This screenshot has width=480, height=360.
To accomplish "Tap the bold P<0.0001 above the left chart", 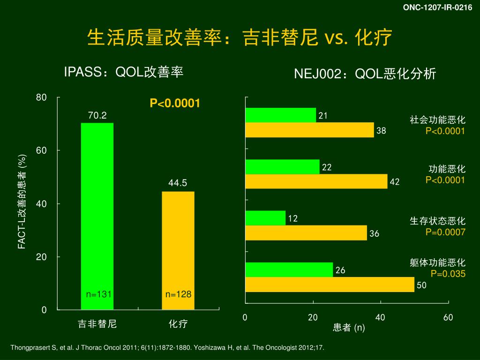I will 175,103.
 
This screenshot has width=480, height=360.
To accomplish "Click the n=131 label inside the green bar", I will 99,294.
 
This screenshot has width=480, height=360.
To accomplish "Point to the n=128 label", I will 179,294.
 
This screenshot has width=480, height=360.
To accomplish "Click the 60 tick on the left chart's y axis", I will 42,150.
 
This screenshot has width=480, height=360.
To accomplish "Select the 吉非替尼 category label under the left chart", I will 97,324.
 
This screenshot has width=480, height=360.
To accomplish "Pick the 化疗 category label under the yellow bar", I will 178,324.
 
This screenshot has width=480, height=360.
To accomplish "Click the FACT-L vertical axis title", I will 22,202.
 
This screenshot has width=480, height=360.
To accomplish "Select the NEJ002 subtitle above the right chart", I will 365,74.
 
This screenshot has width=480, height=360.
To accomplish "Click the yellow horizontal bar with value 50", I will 330,285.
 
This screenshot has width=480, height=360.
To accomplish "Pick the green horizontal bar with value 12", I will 265,218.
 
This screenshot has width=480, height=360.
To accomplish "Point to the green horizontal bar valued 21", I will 280,115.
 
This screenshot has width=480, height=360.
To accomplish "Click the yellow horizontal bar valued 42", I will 316,181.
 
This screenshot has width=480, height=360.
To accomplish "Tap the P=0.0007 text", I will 445,232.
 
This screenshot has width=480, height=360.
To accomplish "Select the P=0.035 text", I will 448,274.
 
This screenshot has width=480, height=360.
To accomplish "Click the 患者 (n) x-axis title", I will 349,328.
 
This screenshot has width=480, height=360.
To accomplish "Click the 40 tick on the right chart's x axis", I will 380,318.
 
